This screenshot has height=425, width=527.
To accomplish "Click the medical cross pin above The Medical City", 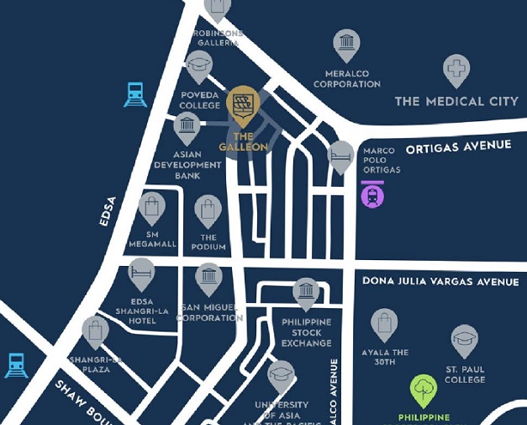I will (456, 70).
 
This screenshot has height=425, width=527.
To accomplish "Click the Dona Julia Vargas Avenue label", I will (440, 282).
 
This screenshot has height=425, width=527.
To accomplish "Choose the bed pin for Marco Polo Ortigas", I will (340, 156).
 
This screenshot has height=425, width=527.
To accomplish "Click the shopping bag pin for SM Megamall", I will (151, 207).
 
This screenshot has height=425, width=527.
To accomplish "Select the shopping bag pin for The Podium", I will (208, 210).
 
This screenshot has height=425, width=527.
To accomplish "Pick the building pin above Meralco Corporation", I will (345, 45).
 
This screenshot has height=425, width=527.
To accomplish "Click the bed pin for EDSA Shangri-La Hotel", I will (141, 274).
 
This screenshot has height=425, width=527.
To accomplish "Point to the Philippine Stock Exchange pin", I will (306, 293).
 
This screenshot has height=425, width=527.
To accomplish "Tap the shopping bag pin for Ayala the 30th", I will (384, 324).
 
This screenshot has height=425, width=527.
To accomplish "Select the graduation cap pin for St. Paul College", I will (464, 341).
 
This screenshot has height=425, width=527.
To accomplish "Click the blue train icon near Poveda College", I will (135, 94).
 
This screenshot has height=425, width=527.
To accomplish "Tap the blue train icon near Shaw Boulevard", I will (16, 364).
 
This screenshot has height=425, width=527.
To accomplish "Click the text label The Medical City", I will (456, 102).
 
